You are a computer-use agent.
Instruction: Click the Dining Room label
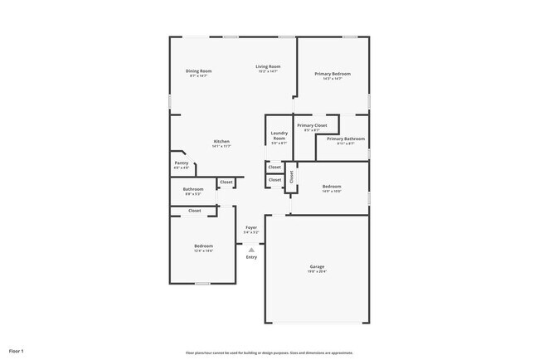198,71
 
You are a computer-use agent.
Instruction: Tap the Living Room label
267,66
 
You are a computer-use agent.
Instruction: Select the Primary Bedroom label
332,74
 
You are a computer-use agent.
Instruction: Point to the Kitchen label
221,141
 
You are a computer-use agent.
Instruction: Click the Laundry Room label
279,136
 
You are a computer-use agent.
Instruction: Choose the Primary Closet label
312,125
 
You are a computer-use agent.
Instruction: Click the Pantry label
181,163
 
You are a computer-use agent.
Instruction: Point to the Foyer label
250,227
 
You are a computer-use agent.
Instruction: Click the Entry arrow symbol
251,249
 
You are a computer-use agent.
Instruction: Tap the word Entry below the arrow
251,257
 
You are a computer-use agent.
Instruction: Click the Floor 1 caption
17,352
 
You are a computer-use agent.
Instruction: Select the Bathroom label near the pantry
193,189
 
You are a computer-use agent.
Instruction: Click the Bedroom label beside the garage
332,187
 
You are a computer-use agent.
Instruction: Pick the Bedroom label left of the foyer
203,246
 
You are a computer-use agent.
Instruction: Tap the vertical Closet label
292,177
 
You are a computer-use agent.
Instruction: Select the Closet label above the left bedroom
194,211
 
